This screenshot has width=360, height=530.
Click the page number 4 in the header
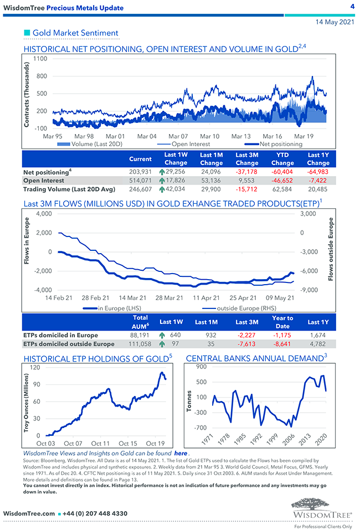352,7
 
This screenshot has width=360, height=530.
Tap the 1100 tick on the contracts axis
40,59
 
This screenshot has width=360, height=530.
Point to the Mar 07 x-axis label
178,136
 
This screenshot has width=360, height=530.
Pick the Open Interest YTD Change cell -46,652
282,181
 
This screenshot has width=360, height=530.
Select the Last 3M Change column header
246,159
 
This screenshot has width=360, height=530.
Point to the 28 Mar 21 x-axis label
168,297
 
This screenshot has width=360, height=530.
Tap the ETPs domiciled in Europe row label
61,335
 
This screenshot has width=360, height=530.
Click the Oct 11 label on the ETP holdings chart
100,443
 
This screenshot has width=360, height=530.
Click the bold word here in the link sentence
181,453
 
